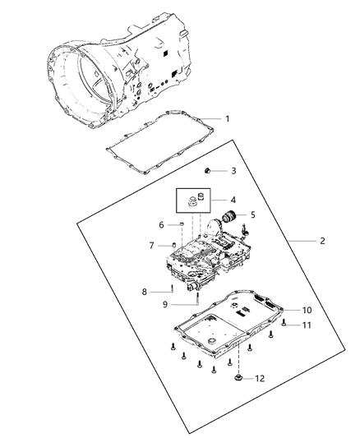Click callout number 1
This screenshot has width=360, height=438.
pyautogui.click(x=228, y=119)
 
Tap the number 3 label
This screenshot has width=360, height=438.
pyautogui.click(x=233, y=171)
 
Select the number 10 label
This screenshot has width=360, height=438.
pyautogui.click(x=307, y=311)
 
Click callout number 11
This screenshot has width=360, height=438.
pyautogui.click(x=307, y=326)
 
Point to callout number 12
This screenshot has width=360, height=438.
pyautogui.click(x=260, y=379)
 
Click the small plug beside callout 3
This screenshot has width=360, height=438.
pyautogui.click(x=208, y=170)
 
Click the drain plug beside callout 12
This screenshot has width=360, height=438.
pyautogui.click(x=238, y=378)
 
